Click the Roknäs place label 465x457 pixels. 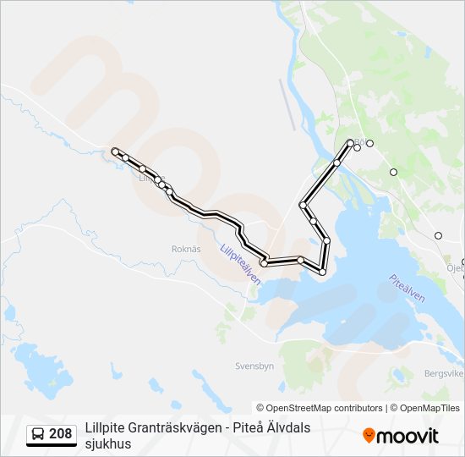[186, 250]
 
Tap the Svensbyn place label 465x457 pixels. [254, 366]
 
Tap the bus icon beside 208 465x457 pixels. [38, 435]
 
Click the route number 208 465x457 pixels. [60, 435]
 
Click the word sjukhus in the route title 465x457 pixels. [108, 443]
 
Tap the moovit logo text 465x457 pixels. [408, 436]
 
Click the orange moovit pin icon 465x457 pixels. [369, 436]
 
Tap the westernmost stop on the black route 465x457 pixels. [115, 151]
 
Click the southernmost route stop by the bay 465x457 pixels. [322, 272]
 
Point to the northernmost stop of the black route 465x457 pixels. [350, 142]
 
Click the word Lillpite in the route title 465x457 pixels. [103, 428]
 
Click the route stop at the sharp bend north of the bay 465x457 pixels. [303, 205]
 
